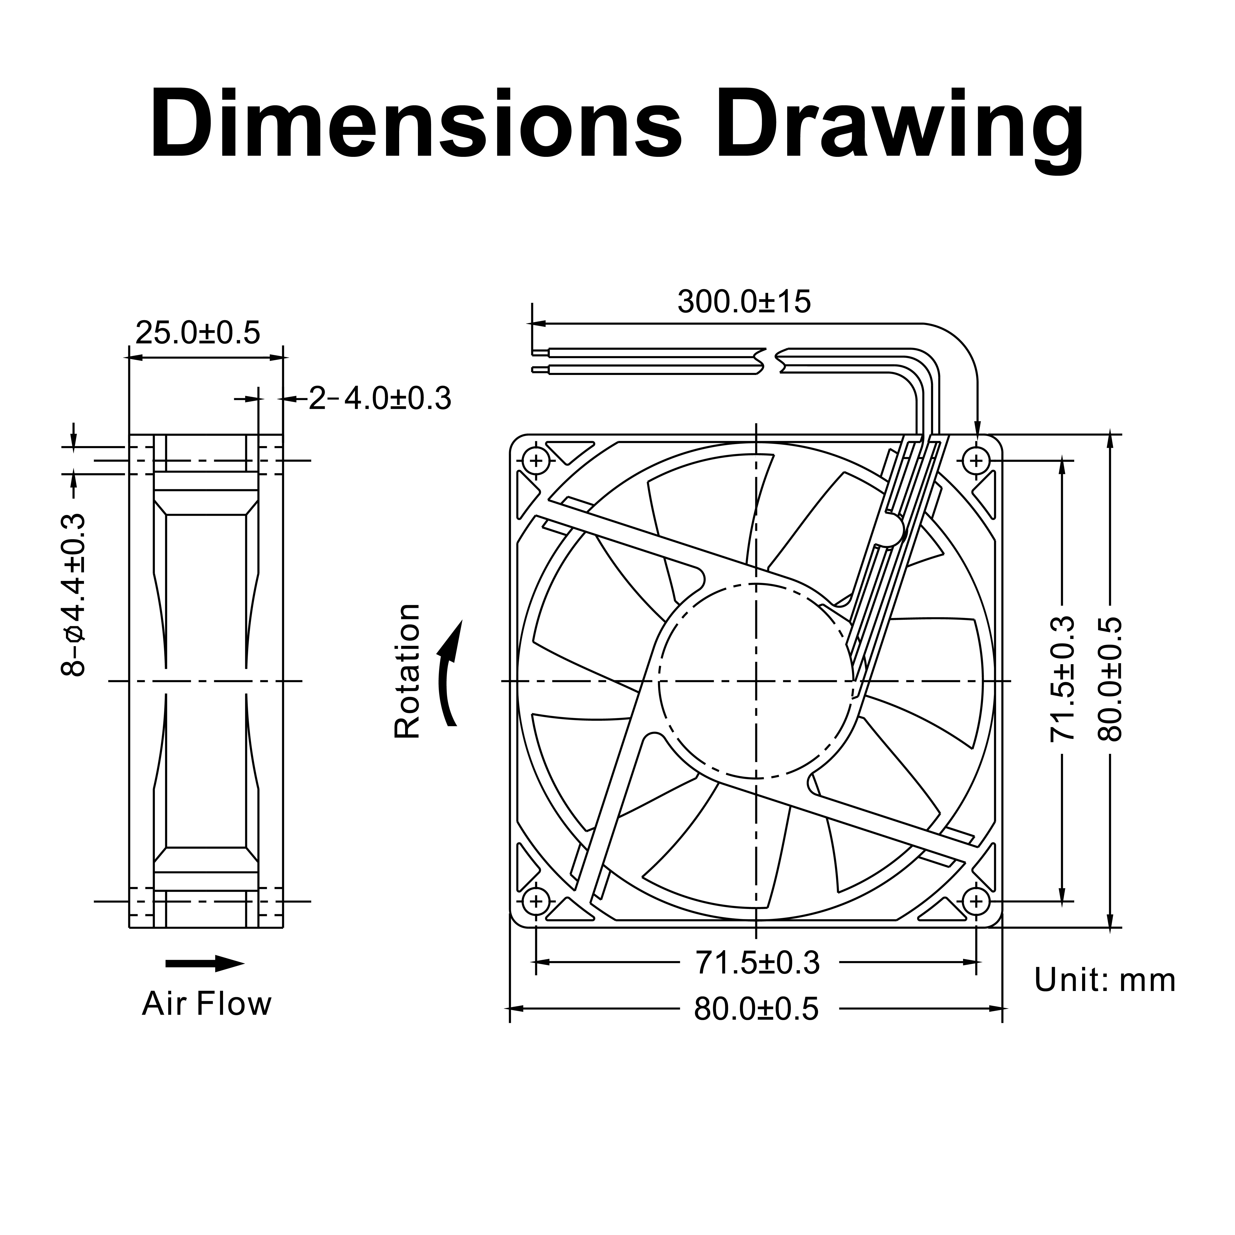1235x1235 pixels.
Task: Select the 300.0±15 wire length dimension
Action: coord(743,302)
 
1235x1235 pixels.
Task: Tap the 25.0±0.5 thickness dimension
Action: coord(198,333)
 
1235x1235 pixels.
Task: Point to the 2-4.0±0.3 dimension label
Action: coord(380,399)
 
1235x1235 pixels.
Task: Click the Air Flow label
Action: coord(206,1004)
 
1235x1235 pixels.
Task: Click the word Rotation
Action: coord(408,671)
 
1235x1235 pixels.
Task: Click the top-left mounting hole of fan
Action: coord(536,460)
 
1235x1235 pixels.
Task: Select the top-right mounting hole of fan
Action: coord(975,460)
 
